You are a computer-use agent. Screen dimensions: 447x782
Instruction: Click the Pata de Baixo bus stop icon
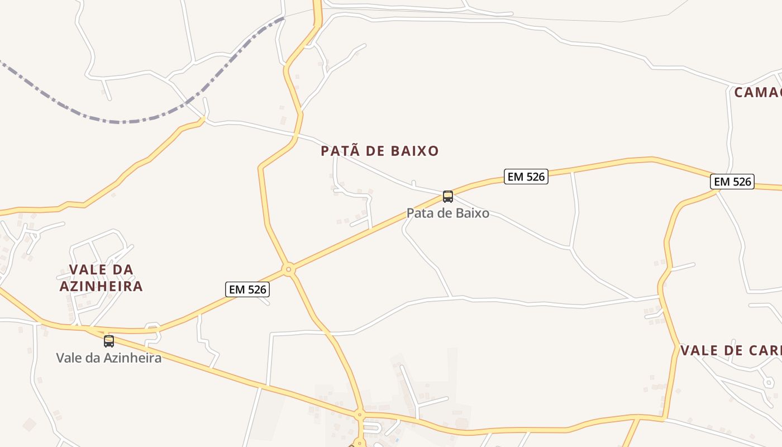click(x=448, y=196)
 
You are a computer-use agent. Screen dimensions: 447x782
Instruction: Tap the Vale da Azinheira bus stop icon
click(x=109, y=341)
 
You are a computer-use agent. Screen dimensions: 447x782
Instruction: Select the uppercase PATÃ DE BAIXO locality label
click(x=380, y=151)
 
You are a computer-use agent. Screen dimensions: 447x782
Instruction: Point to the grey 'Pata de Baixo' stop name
click(x=448, y=213)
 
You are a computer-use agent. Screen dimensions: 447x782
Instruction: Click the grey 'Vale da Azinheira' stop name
click(x=109, y=358)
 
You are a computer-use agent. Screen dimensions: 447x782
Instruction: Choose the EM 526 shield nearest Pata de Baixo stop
click(x=526, y=177)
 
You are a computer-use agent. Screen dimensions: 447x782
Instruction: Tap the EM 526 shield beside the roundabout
click(x=248, y=289)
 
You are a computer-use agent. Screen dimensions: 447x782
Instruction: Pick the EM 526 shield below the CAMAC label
click(x=732, y=182)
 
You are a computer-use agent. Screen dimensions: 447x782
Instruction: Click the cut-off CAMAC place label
click(x=758, y=92)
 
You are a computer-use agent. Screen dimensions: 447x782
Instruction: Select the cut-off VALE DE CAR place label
click(x=731, y=350)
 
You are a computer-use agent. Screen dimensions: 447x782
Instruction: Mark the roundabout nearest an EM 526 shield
click(x=288, y=269)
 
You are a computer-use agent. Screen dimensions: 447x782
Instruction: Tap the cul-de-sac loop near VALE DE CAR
click(x=769, y=383)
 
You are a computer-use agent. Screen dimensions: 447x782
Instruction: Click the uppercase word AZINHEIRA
click(x=101, y=287)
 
